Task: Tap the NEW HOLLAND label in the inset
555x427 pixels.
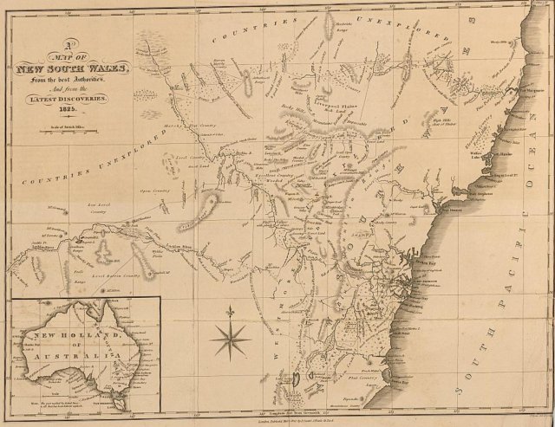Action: [64, 333]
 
